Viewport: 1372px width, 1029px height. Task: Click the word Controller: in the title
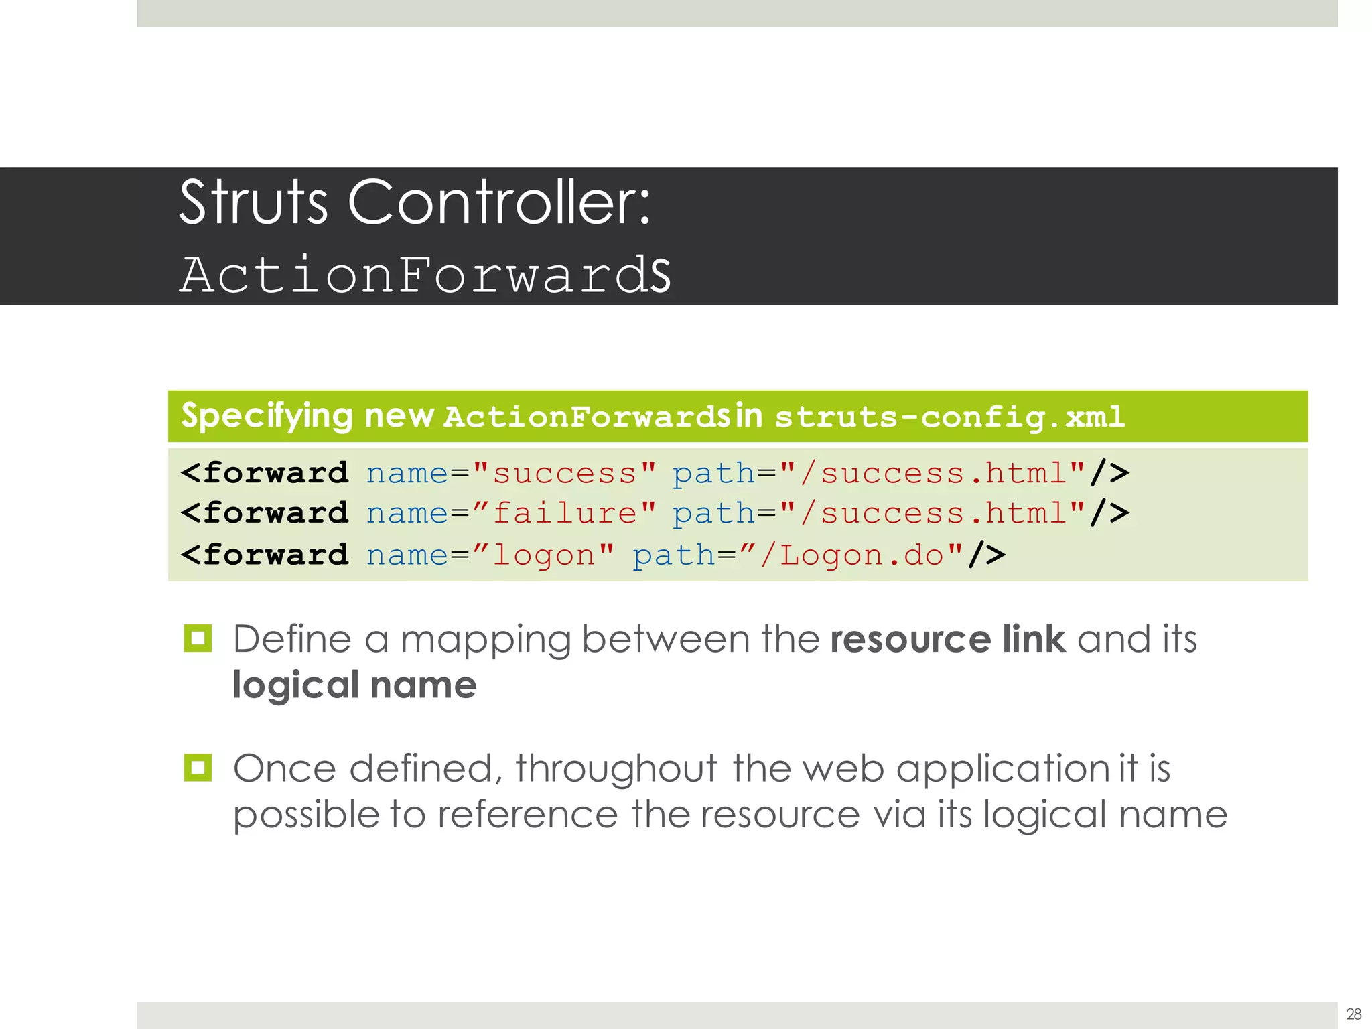(499, 202)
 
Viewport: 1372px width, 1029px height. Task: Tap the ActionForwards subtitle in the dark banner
(425, 275)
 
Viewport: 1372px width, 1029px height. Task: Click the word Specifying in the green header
(267, 416)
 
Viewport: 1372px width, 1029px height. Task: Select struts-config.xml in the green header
(949, 417)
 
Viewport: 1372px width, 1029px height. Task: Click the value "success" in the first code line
(564, 474)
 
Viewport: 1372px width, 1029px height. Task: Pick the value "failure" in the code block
(564, 514)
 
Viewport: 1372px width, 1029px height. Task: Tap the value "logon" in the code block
(544, 555)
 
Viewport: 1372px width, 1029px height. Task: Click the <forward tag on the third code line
(265, 555)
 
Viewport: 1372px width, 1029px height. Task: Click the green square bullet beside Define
(198, 638)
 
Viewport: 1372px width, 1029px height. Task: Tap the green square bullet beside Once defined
(198, 768)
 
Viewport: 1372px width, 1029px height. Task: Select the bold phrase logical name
(354, 685)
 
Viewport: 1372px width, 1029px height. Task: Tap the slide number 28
(1353, 1014)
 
